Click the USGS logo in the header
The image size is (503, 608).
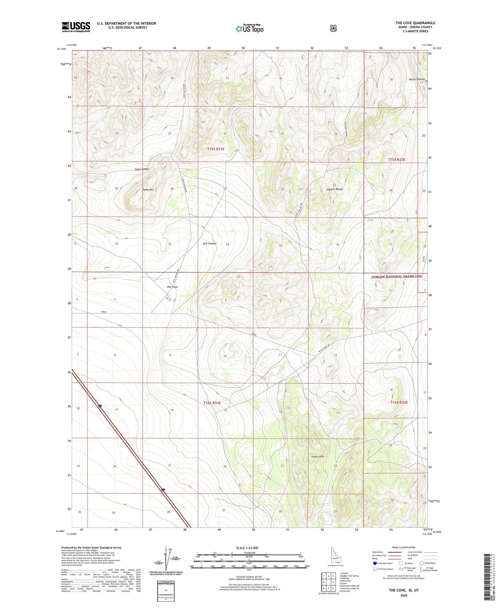pos(76,27)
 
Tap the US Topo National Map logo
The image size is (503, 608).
pos(249,28)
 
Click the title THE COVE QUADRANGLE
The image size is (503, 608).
pos(415,23)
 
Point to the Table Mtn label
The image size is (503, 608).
pos(148,190)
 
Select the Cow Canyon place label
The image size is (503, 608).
pos(142,169)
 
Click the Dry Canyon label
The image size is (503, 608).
pos(210,243)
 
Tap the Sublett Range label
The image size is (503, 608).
pos(335,189)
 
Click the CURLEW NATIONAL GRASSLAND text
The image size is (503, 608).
pos(396,276)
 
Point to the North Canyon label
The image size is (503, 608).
pos(417,79)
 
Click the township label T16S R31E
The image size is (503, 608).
pos(212,403)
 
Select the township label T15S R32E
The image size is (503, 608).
pos(397,159)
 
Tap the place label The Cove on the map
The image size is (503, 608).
pos(172,287)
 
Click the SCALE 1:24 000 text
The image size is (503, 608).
pos(247,548)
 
